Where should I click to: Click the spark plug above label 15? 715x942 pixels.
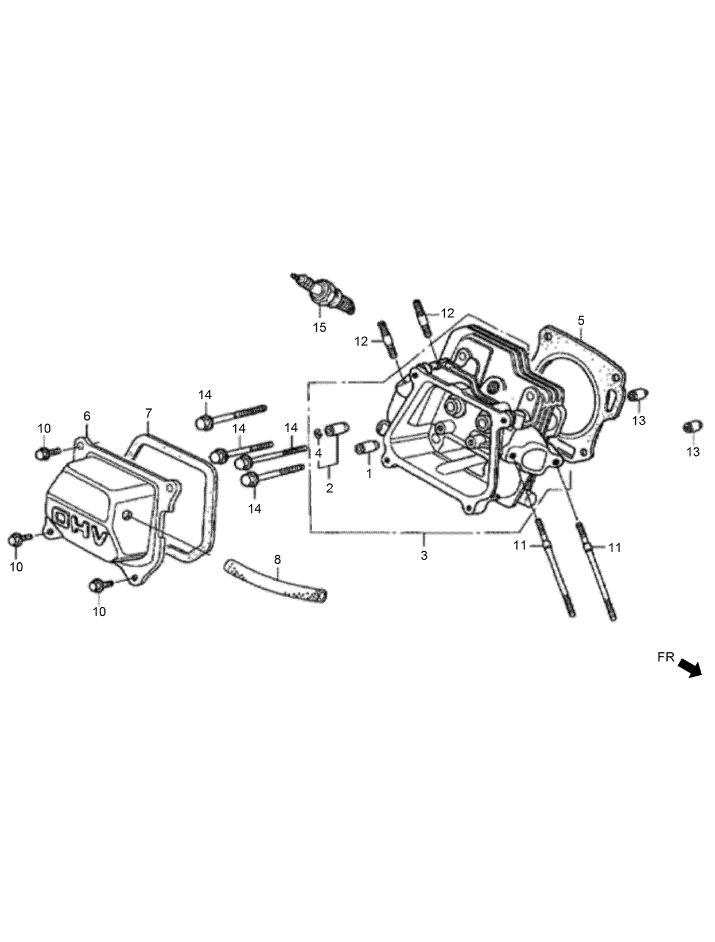point(324,293)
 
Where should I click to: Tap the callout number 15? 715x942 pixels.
point(319,328)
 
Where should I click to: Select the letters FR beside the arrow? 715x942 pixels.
point(666,658)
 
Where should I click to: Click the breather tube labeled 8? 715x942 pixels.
point(274,581)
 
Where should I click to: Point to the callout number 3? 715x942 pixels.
point(424,555)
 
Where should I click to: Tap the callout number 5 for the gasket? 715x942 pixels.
point(581,320)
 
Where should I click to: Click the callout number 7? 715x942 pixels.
point(148,412)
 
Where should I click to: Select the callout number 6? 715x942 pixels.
point(87,416)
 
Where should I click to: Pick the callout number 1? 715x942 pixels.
point(369,474)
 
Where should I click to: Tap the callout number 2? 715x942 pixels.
point(329,488)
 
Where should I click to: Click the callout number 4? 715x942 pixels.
point(318,453)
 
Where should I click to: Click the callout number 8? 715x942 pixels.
point(277,559)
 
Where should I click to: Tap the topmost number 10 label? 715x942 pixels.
point(44,428)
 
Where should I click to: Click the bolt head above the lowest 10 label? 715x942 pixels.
point(96,586)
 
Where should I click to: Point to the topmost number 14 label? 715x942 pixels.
point(205,395)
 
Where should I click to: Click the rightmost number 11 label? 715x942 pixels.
point(615,548)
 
